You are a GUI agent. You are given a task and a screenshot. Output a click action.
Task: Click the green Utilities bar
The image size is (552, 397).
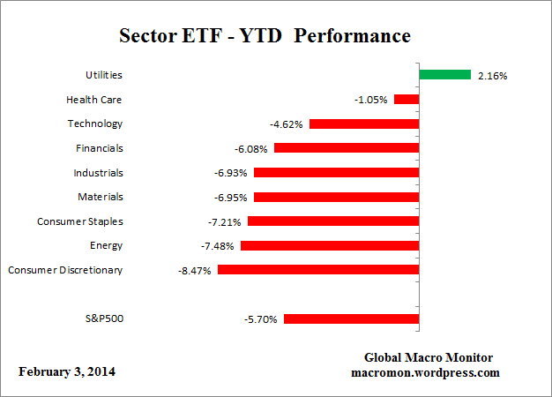click(445, 75)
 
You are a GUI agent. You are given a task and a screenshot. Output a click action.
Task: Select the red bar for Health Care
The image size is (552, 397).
click(407, 100)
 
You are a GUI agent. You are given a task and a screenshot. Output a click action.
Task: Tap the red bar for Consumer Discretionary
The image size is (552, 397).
click(318, 269)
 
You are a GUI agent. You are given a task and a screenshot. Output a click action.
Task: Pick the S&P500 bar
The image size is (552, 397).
click(352, 318)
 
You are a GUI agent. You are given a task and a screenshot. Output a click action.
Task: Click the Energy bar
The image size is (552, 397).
click(330, 245)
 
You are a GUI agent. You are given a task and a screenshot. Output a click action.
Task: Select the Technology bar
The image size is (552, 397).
click(364, 124)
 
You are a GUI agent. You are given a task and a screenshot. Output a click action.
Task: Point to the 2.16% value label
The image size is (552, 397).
click(491, 76)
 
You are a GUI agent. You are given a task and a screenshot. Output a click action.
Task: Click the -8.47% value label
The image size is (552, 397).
click(195, 270)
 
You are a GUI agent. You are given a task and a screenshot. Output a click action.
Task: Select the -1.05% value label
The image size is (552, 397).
click(371, 101)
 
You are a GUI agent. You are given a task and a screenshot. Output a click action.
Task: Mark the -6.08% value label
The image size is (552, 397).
click(251, 149)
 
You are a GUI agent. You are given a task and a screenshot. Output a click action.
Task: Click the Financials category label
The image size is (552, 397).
click(100, 148)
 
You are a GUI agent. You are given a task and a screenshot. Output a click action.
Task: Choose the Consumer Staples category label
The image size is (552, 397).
click(80, 221)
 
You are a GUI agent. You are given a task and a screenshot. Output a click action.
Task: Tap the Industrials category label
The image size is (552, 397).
click(99, 173)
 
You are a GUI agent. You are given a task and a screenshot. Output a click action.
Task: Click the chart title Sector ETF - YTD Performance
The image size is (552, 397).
click(265, 37)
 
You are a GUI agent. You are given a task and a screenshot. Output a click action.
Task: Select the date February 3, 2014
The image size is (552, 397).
click(66, 371)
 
